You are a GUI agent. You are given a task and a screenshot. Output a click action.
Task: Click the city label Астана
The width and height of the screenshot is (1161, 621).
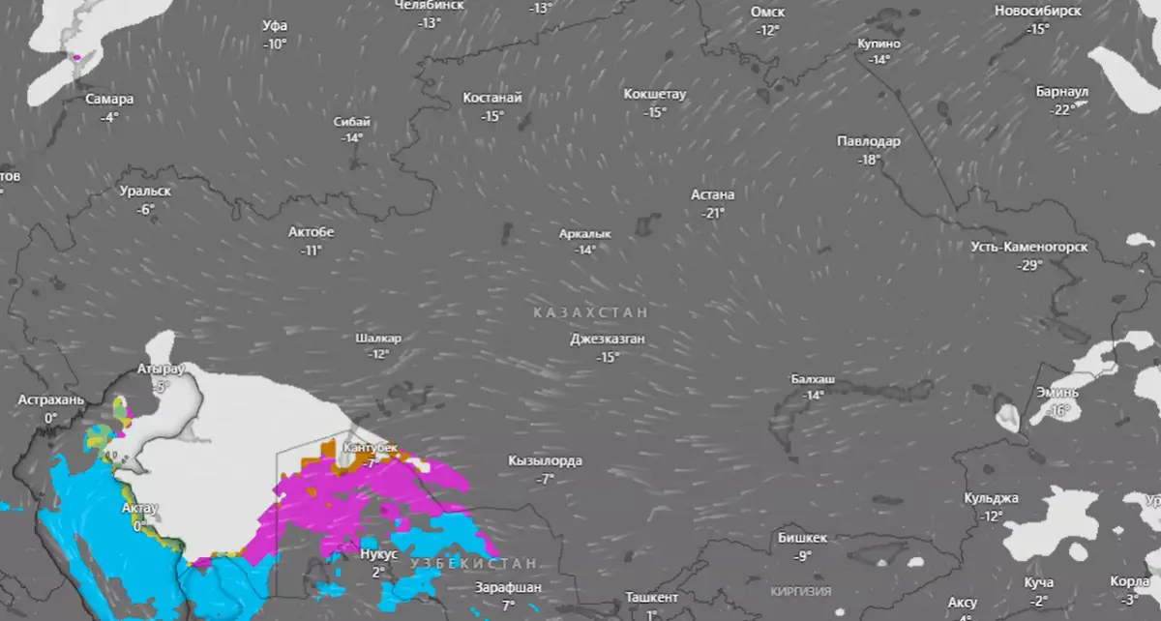(x=713, y=194)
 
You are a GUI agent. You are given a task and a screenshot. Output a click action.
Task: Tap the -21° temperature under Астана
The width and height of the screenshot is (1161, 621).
(x=714, y=213)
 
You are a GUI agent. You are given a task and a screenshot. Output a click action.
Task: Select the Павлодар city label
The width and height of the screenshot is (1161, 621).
(x=868, y=141)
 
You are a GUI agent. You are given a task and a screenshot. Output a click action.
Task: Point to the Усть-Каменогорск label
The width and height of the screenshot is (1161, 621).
(x=1028, y=247)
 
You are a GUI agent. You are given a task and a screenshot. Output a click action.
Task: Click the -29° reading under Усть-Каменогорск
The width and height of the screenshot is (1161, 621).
(x=1029, y=265)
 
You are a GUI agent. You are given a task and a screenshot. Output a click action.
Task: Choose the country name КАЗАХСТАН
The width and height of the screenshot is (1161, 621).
(x=589, y=313)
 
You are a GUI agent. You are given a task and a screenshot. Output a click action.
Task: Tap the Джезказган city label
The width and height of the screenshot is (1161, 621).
(x=607, y=340)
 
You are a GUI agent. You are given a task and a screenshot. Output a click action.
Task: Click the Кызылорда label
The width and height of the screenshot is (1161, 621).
(x=545, y=461)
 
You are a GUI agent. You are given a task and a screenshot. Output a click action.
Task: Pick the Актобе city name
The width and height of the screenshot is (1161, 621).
(x=311, y=232)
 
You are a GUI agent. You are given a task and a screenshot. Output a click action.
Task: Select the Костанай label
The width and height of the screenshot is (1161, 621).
(x=492, y=98)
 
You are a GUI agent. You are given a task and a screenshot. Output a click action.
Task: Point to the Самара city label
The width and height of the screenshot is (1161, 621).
(x=109, y=99)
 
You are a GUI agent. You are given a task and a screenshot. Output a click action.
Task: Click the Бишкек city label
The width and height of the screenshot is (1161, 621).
(x=802, y=538)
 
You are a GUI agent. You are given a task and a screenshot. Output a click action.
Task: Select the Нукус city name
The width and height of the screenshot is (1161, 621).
(x=377, y=555)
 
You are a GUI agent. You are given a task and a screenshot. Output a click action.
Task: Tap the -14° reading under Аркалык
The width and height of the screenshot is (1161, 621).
(x=584, y=250)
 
